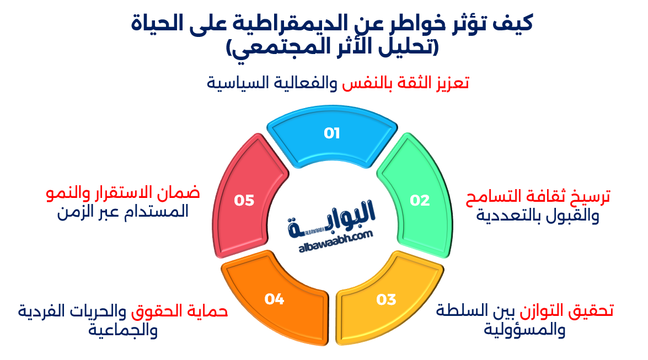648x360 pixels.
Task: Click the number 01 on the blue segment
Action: (331, 133)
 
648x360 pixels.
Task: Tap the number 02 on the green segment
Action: (419, 201)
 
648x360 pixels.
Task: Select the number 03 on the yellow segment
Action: (386, 299)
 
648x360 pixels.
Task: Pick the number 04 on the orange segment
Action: (274, 299)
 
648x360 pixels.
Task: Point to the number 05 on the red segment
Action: (244, 201)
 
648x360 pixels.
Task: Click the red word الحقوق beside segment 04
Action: (154, 310)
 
